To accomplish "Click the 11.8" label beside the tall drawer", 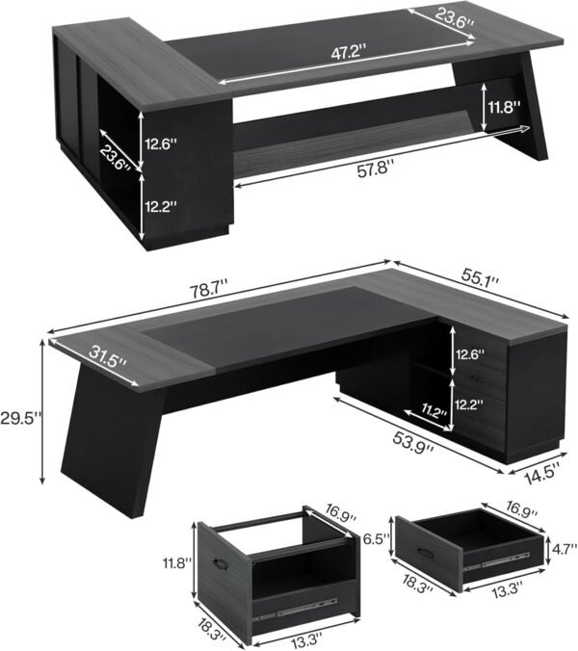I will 176,561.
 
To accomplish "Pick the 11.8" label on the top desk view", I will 501,107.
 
